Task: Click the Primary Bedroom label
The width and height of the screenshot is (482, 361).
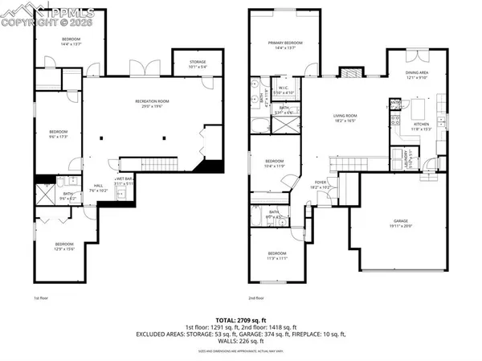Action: click(285, 44)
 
